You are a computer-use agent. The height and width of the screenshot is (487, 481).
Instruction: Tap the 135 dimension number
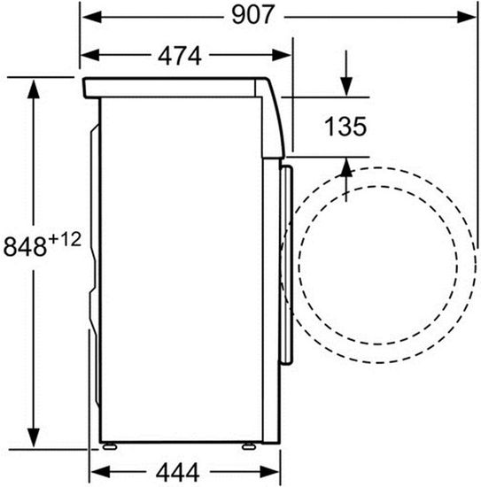pyautogui.click(x=344, y=127)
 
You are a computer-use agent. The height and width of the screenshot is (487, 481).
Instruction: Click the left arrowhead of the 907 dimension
pyautogui.click(x=87, y=16)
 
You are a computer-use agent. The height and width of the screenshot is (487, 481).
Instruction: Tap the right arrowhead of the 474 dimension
pyautogui.click(x=285, y=56)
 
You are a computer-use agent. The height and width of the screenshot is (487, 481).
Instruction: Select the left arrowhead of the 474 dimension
pyautogui.click(x=87, y=56)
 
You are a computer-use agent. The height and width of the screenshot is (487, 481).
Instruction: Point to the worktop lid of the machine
pyautogui.click(x=177, y=87)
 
